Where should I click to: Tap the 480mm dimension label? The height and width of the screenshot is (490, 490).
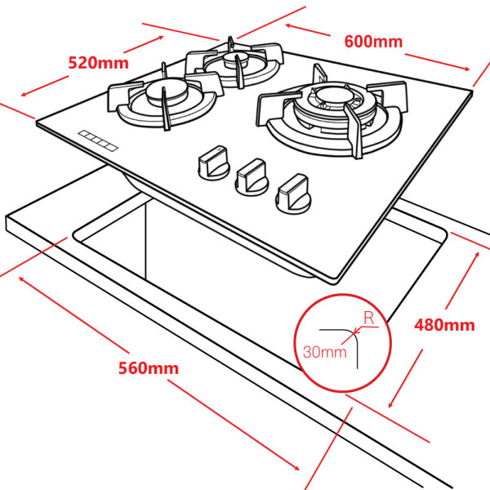[443, 324]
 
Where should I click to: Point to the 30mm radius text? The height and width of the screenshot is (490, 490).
[324, 353]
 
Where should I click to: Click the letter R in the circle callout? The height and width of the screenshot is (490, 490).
[369, 318]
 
